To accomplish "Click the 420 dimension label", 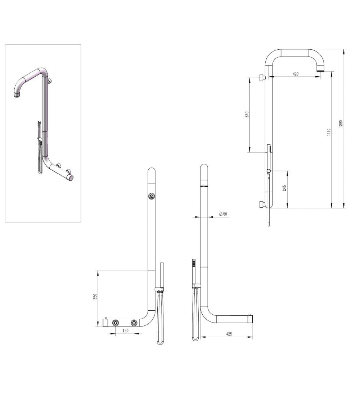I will pos(296,74).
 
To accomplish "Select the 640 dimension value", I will pos(247,114).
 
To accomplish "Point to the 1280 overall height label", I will pos(341,123).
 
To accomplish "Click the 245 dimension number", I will pos(284,188).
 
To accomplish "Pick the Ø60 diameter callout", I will pos(223,214).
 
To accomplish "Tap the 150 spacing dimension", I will pos(125,330).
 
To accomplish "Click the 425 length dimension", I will pos(229,334).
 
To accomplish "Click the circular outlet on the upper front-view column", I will pos(152,196).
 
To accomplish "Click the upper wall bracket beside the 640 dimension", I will pos(262,77).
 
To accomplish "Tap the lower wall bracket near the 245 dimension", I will pos(262,205).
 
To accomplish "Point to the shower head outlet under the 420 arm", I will pos(321,69).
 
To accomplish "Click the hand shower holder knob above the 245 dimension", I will pos(269,171).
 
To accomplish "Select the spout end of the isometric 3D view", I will pos(17,95).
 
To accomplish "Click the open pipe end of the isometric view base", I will pos(72,177).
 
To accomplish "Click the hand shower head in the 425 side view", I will pos(194,268).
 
